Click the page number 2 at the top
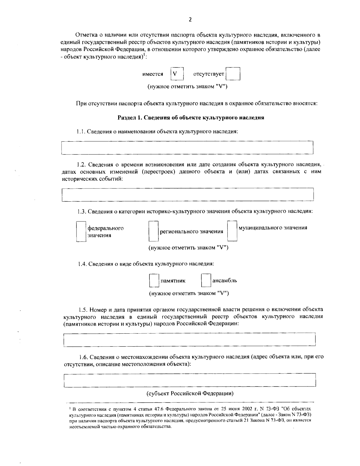(x=190, y=20)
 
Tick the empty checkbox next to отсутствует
(x=233, y=74)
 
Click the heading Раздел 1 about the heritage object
(x=190, y=118)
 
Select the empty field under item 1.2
(x=187, y=195)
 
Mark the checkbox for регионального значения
(x=153, y=231)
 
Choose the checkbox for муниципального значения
(x=232, y=231)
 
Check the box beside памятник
(x=154, y=281)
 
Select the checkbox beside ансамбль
(x=206, y=281)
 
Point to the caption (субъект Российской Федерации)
(x=190, y=393)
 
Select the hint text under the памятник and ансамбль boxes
(x=189, y=293)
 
